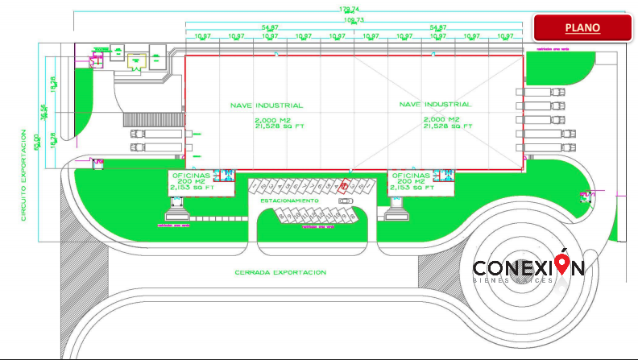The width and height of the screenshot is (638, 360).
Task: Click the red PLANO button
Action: click(582, 27)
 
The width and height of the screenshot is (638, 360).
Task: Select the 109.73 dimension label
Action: click(354, 20)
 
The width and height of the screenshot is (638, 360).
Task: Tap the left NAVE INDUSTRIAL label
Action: click(267, 106)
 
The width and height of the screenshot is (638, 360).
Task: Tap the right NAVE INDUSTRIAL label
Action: click(436, 106)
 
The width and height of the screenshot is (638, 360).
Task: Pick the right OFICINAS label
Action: click(411, 175)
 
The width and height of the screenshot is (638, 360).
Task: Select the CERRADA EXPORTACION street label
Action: click(280, 272)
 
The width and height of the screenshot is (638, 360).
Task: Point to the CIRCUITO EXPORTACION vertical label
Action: click(25, 185)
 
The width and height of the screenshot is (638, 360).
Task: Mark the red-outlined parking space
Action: click(344, 187)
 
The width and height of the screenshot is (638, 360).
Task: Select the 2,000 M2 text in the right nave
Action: click(440, 119)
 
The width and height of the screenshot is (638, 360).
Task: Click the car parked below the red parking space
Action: click(346, 201)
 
